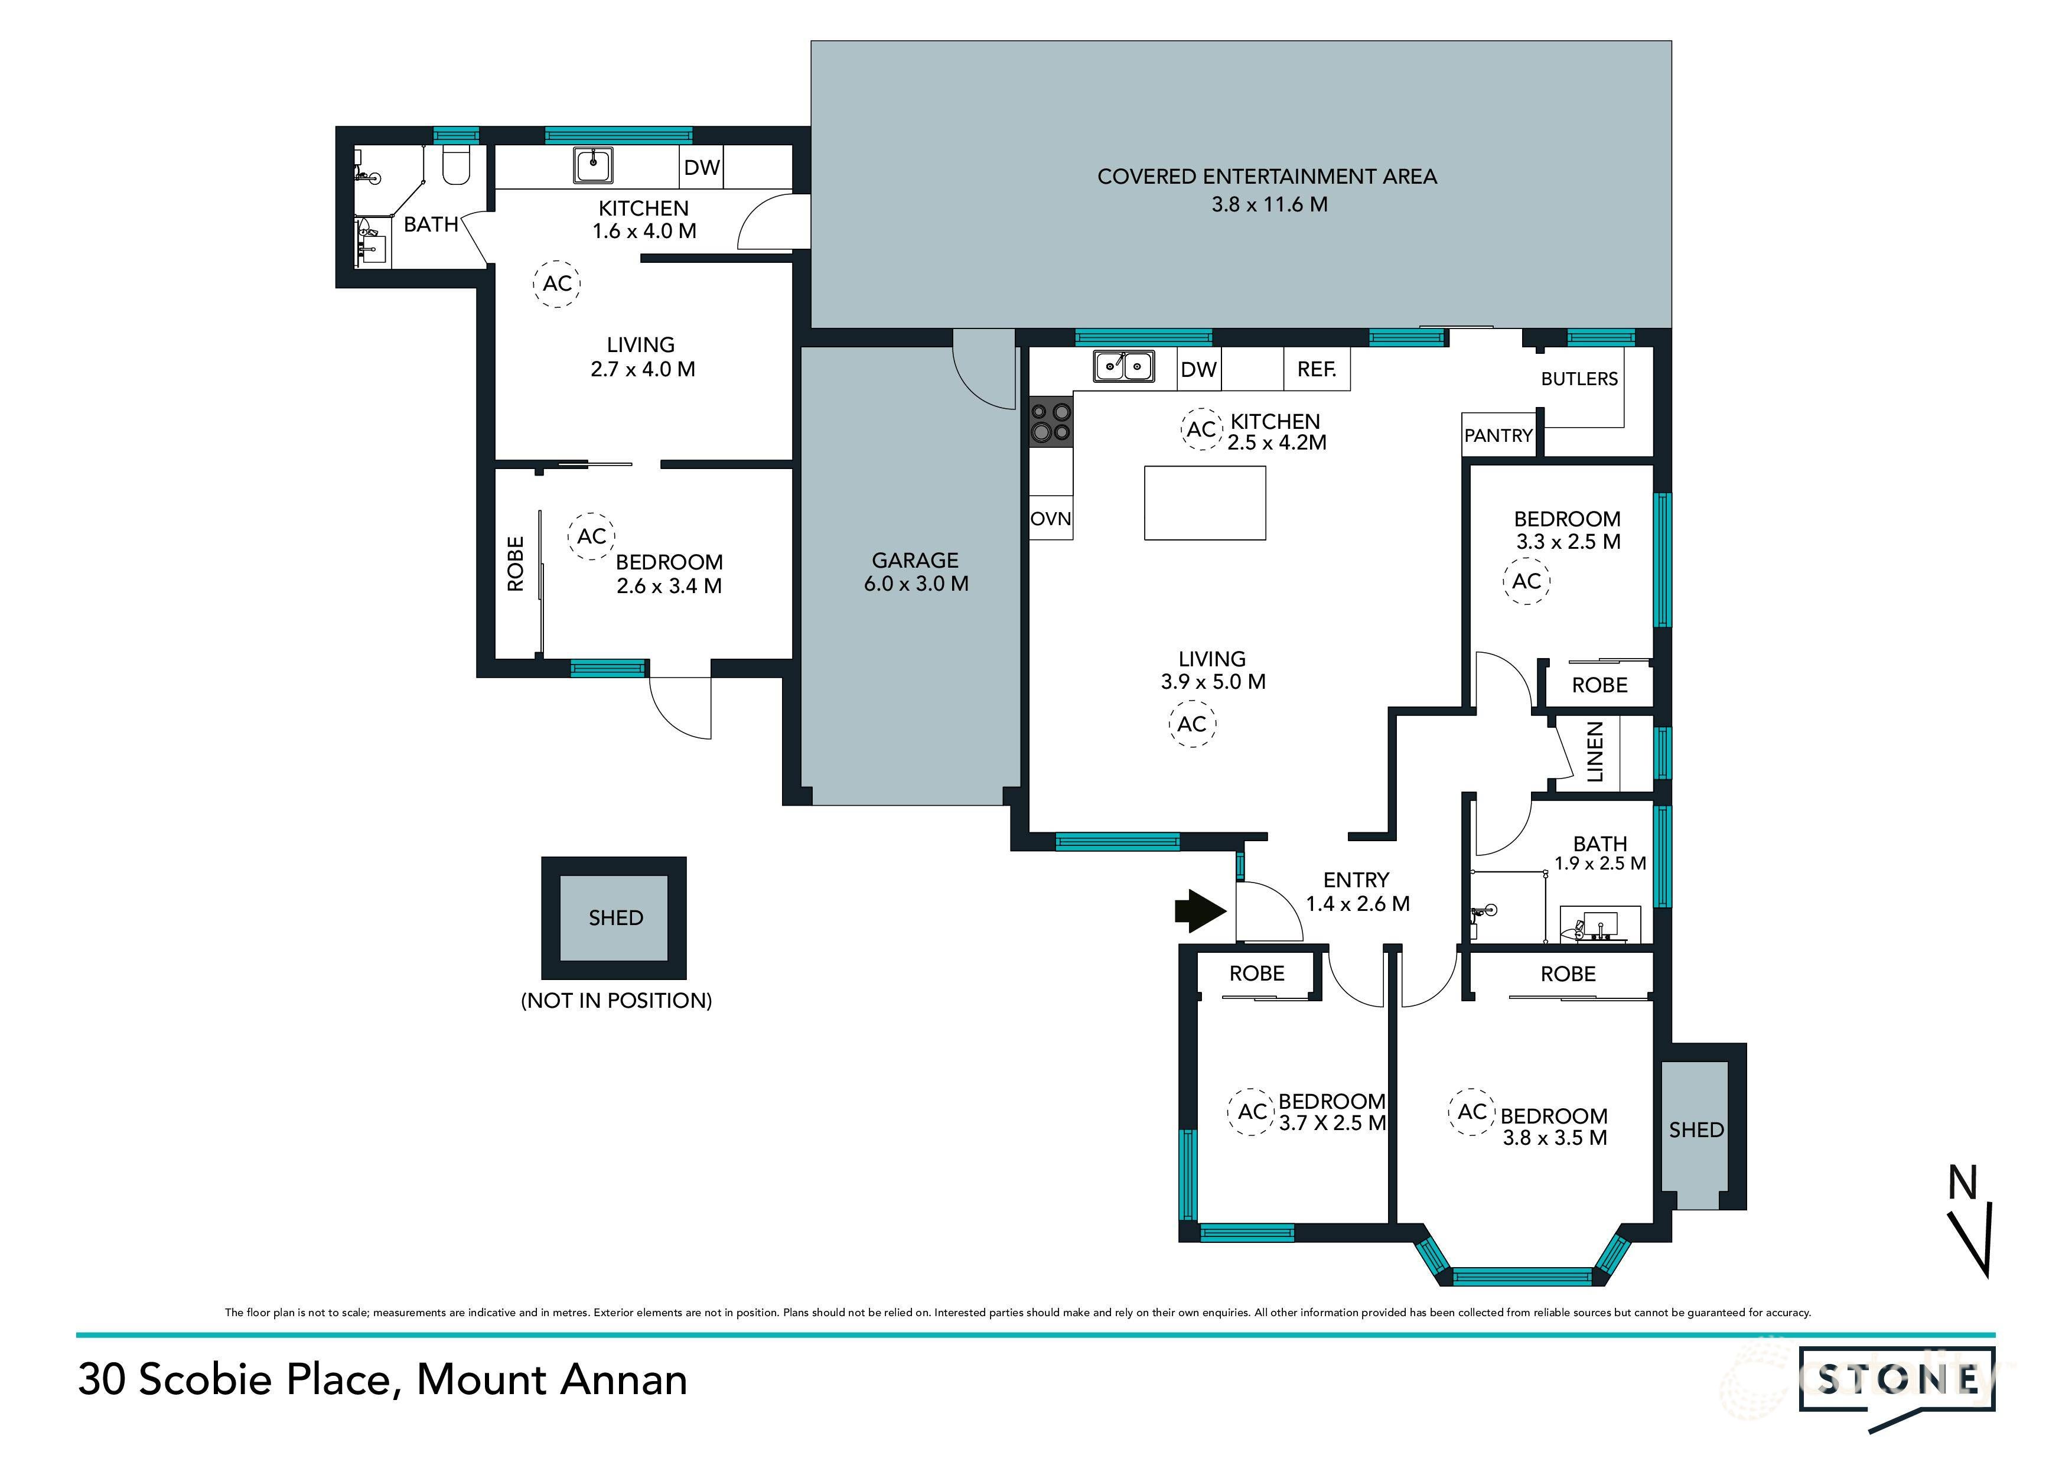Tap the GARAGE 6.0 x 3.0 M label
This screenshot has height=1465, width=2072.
916,571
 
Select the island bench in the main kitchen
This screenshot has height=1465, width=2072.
1205,503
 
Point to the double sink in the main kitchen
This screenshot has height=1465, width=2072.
1123,366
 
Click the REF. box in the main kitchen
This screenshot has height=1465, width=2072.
1317,369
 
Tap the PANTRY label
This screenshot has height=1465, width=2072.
1498,435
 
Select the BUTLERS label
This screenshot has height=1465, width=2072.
1579,378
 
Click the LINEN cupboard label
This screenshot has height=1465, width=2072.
1595,752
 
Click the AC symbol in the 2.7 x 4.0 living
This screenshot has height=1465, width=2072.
557,284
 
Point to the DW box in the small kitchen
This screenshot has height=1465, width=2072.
701,167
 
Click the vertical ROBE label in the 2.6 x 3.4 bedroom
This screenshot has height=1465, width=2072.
515,564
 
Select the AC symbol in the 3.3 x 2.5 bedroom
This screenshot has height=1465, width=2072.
1526,581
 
